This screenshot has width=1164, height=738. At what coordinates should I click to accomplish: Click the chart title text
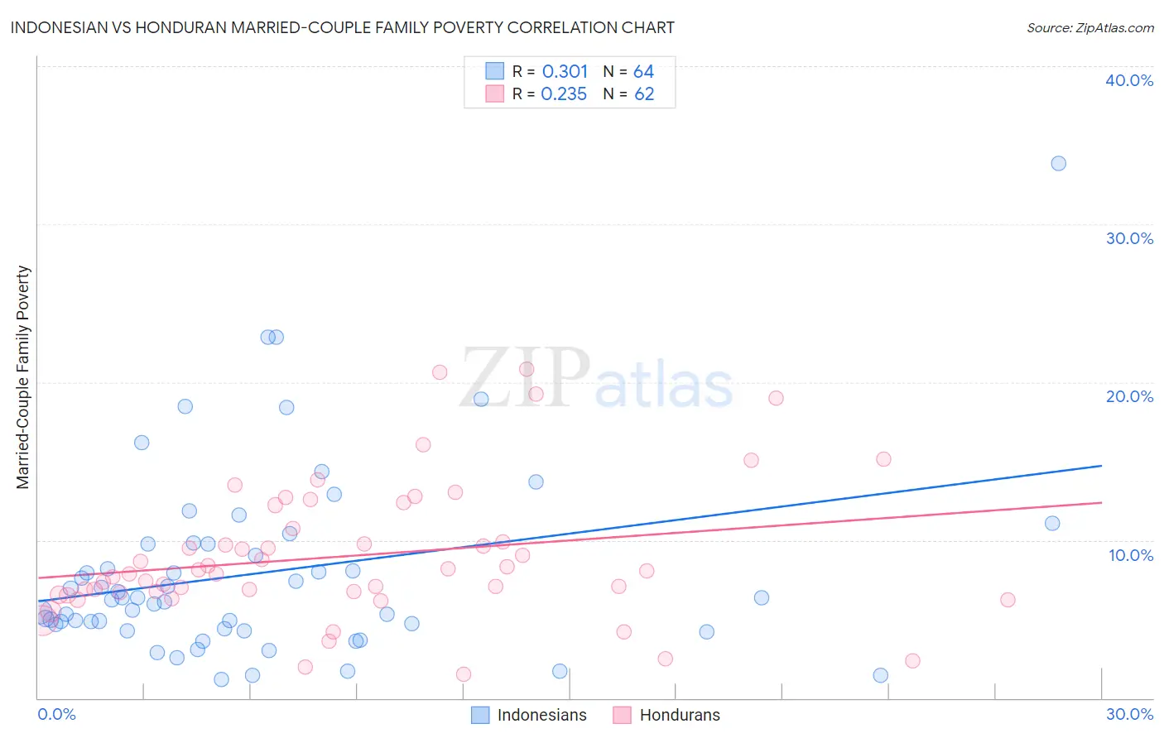(342, 27)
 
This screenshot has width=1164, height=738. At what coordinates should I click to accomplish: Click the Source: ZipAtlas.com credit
(1089, 27)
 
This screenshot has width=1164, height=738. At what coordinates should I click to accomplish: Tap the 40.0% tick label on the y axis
(1128, 80)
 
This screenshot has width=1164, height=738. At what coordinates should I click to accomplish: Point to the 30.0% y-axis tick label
(1128, 238)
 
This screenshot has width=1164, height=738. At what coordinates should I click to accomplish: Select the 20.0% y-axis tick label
(1128, 396)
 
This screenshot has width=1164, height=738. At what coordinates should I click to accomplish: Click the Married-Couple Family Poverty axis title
(23, 377)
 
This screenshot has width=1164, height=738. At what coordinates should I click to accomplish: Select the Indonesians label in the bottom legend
(541, 715)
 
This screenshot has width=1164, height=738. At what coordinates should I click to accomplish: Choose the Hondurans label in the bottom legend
(680, 715)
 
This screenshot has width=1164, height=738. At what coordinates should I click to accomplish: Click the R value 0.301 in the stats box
(565, 72)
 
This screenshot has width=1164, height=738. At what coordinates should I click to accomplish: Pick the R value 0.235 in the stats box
(564, 94)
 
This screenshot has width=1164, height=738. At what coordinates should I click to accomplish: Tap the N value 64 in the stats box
(643, 72)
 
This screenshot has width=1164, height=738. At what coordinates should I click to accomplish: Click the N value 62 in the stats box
(643, 94)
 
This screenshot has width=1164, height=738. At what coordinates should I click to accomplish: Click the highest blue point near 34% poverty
(1058, 163)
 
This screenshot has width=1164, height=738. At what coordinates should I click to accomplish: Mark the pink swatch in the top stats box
(494, 93)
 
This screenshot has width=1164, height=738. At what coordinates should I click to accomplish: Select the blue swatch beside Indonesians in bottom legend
(480, 715)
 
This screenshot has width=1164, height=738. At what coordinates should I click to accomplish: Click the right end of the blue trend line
(1101, 466)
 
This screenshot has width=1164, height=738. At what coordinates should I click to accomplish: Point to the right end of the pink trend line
(1101, 502)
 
